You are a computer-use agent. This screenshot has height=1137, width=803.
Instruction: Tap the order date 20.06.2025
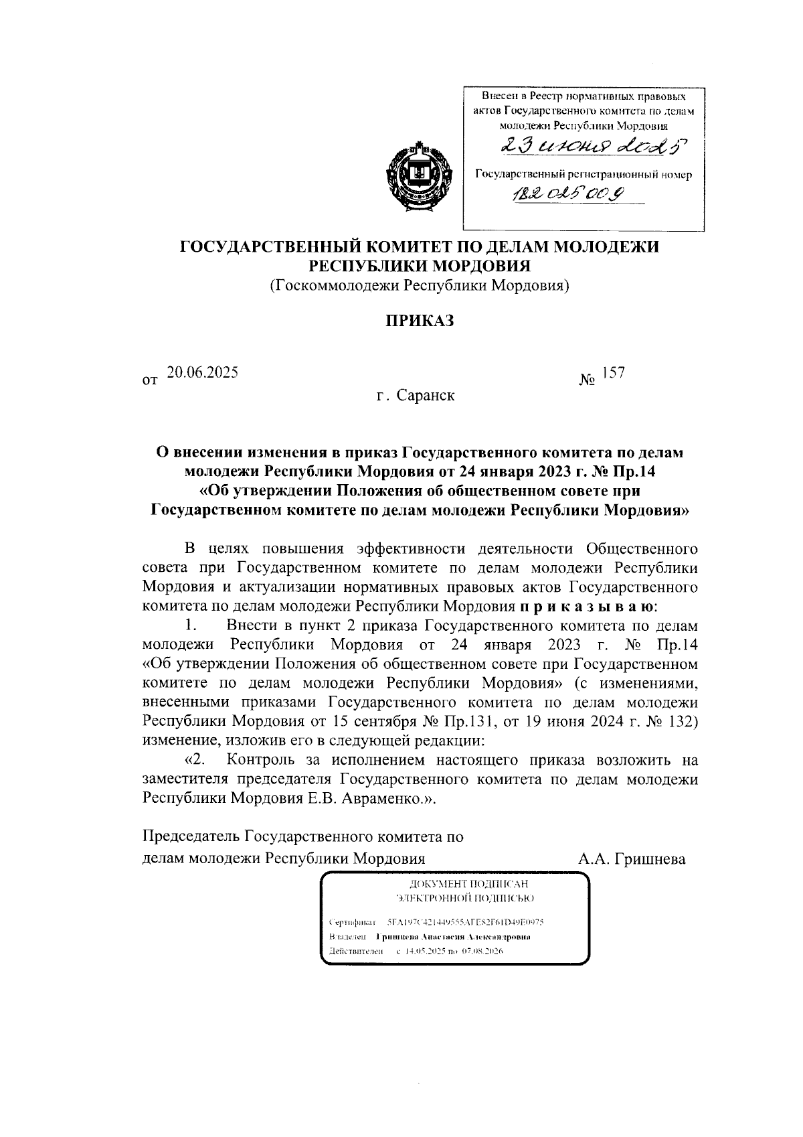[x=202, y=373]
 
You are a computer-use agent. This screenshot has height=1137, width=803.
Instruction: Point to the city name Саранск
[x=426, y=396]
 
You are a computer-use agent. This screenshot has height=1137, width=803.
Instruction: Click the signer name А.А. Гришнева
[x=632, y=859]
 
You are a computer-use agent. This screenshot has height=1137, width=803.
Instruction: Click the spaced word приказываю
[x=589, y=607]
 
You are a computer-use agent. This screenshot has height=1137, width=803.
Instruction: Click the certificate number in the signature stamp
[x=470, y=921]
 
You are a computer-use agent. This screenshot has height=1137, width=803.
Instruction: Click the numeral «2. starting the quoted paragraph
[x=195, y=761]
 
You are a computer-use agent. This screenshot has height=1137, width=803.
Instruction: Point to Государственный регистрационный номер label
[x=583, y=175]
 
